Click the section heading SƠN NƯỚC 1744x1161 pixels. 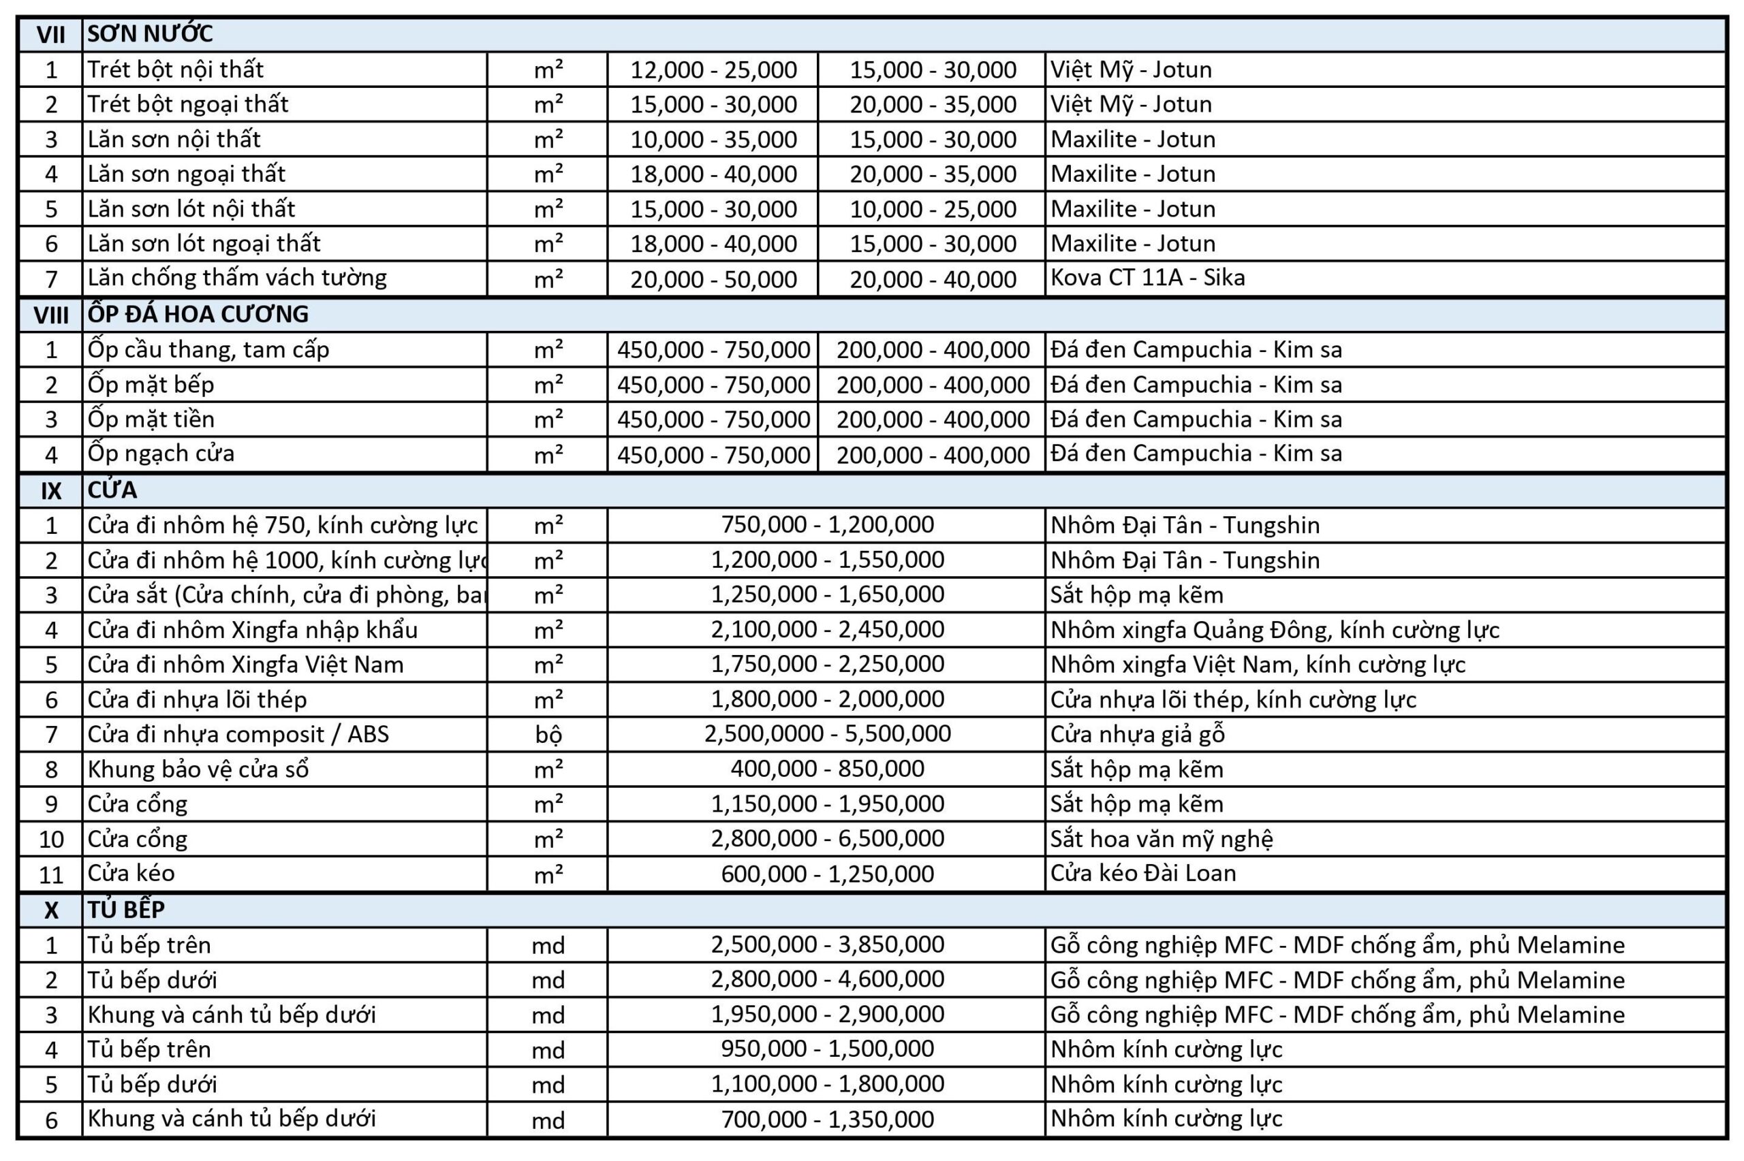coord(150,34)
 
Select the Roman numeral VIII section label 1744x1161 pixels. coord(50,315)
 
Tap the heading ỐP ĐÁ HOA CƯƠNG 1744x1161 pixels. coord(198,315)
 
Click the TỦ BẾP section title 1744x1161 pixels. coord(126,910)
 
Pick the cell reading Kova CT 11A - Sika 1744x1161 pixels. coord(1147,279)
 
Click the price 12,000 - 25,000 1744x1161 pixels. coord(713,69)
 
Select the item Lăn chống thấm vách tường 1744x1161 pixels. coord(237,279)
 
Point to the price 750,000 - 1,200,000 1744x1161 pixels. coord(826,525)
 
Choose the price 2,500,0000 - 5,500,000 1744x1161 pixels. coord(826,735)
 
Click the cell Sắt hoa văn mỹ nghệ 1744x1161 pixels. coord(1161,839)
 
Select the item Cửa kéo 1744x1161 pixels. coord(131,874)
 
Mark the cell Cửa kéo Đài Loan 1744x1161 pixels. coord(1142,874)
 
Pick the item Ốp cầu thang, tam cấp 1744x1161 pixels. coord(208,349)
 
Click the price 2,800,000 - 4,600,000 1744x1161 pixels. coord(826,980)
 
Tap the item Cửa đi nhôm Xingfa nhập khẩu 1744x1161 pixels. coord(253,630)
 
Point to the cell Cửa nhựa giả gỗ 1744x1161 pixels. coord(1137,735)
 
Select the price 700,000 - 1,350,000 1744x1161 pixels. coord(826,1119)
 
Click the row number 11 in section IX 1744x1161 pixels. coord(50,874)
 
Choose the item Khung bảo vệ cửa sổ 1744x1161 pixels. coord(198,769)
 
